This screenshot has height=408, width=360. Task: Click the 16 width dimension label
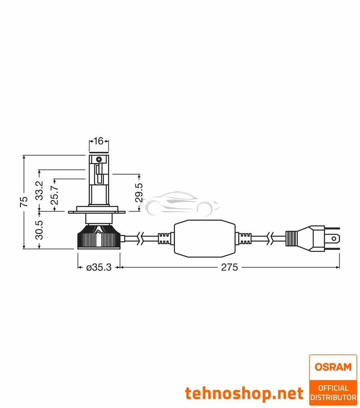point(98,141)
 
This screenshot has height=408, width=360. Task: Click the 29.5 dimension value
point(139,192)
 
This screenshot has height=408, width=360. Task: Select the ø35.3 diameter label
point(98,267)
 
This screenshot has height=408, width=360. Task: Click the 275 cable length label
point(230,267)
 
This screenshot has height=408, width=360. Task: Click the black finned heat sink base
point(98,239)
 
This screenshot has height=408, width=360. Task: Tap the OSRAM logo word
point(333,366)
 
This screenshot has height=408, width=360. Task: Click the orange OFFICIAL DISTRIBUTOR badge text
point(333,392)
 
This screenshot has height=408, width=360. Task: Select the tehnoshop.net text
point(244,393)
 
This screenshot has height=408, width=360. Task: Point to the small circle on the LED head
point(98,159)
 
